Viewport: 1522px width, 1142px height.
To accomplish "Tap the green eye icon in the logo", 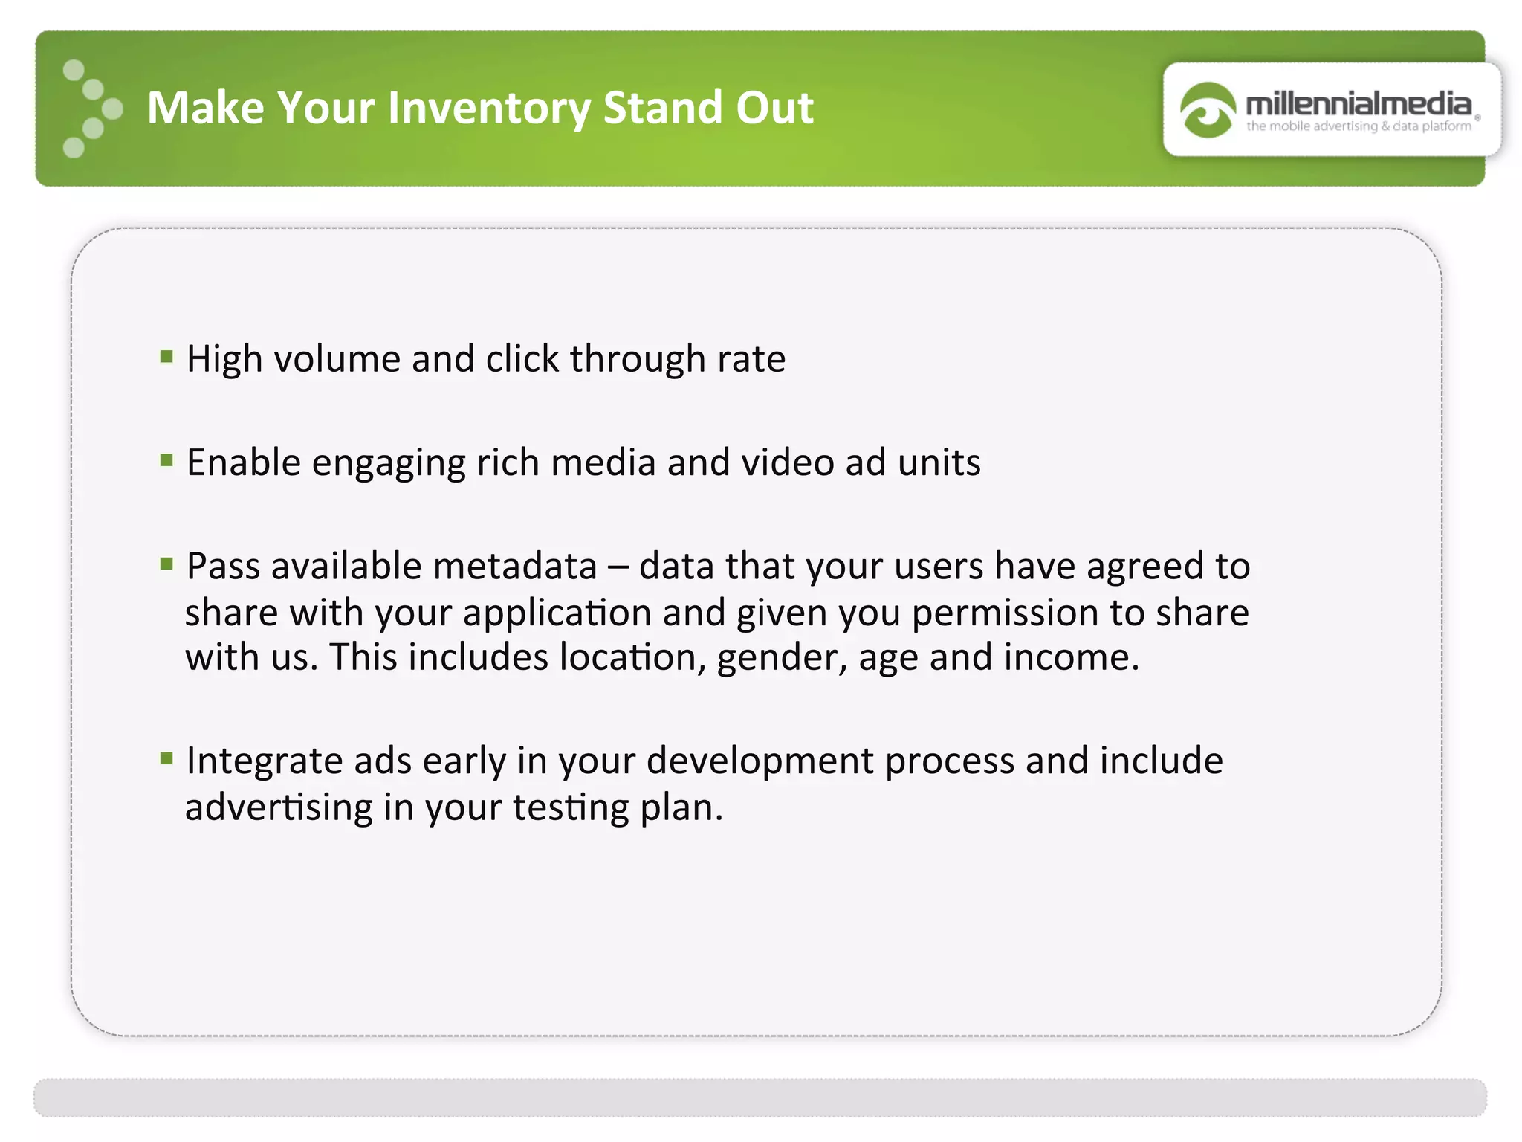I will pos(1207,110).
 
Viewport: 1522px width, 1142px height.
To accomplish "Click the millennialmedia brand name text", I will pos(1359,103).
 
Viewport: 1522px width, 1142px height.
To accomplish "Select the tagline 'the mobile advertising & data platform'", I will pos(1359,126).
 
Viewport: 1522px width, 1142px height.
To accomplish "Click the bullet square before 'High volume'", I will pos(166,357).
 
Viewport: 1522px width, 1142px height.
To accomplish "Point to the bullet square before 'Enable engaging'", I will pos(166,460).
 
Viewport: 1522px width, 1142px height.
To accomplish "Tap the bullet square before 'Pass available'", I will pos(166,564).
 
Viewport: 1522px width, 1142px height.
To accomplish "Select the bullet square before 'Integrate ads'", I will pos(166,758).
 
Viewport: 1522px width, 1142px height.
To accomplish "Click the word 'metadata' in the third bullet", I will pos(515,567).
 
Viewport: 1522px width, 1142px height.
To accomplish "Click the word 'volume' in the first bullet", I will pos(337,359).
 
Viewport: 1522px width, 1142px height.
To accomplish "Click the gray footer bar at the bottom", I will pos(760,1097).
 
